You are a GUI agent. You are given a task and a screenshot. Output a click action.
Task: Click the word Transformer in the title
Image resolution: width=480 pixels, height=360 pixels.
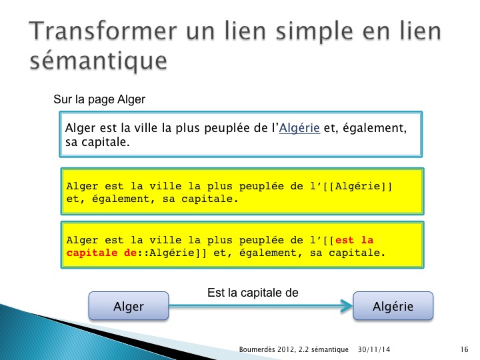coord(103,31)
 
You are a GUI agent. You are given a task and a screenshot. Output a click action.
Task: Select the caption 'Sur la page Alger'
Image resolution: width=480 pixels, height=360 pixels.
coord(99,99)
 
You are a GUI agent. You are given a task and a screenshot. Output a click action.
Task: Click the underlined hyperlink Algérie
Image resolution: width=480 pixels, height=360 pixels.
coord(299,128)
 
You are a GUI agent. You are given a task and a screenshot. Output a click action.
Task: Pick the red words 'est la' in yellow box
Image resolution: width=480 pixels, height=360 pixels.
coord(355,240)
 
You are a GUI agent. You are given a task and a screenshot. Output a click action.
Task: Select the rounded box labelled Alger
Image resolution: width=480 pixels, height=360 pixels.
coord(129,306)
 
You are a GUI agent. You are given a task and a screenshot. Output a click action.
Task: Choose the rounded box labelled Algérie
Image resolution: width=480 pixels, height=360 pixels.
coord(393,306)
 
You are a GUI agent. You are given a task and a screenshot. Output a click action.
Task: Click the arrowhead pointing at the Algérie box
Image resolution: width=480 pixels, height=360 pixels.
coord(348,305)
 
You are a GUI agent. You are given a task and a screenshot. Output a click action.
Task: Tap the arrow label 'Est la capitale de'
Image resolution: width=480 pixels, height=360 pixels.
coord(253,293)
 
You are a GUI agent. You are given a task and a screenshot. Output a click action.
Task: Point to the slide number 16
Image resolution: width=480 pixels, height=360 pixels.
coord(464,349)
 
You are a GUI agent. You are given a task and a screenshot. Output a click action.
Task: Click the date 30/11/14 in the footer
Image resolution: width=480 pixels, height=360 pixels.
coord(374,349)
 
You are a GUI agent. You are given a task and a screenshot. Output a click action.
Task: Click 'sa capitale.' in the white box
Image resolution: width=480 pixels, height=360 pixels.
coord(97,142)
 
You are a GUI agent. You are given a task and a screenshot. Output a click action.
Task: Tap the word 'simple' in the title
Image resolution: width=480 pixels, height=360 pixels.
coord(315,32)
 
